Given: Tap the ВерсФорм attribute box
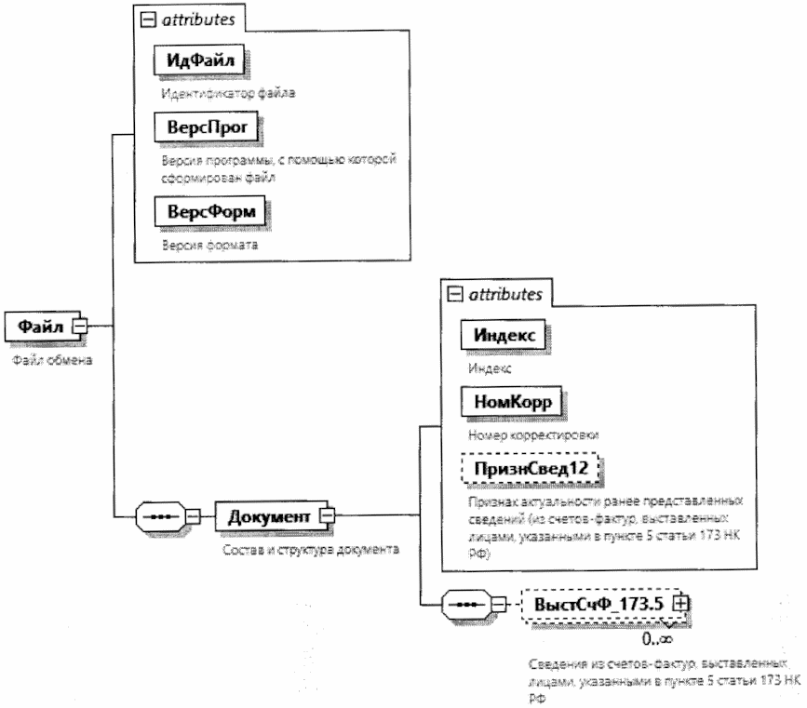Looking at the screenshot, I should [x=204, y=213].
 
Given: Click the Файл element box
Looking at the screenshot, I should [x=38, y=326].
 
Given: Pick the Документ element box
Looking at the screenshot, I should [x=266, y=514].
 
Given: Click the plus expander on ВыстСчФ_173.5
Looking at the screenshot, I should [x=684, y=603].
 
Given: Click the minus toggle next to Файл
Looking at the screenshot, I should [x=80, y=326].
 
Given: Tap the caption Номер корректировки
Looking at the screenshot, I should [x=519, y=434].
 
